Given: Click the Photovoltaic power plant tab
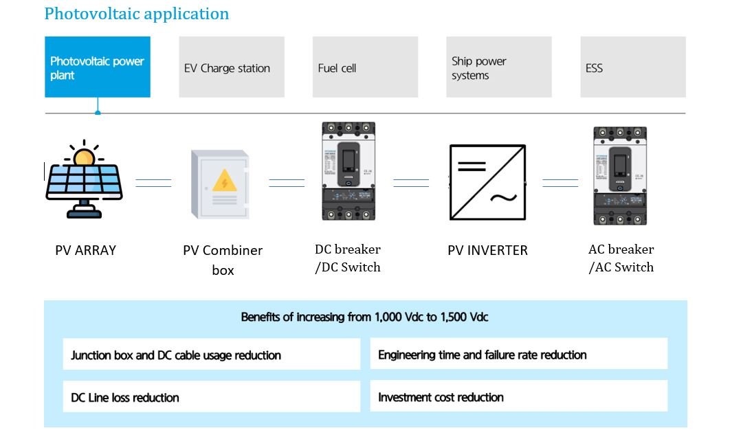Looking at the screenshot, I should coord(98,67).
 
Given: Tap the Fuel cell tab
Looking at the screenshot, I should coord(365,67).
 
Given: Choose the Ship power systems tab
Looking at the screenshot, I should coord(498,67).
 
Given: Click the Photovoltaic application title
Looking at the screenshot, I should coord(136,14).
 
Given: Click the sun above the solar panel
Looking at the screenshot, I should coord(84,157).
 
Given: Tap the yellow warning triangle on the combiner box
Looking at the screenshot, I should coord(224,181).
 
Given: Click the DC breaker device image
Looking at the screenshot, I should coord(349,171).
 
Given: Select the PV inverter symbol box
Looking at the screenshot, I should coord(487,182).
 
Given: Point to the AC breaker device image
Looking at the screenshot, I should coord(620,175).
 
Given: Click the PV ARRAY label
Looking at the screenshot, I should coord(85,250).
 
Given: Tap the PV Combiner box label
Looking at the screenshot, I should coord(223,260).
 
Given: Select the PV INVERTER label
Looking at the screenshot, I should coord(487,250).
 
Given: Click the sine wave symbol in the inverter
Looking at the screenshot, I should coord(503,198).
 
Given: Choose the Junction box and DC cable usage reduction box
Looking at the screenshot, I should coord(211,355).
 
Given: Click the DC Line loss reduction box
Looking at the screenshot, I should coord(211,397).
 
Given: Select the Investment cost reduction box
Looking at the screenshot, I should coord(518,397).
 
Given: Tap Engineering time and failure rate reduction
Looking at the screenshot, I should coord(518,355).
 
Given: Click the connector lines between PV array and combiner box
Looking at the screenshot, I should coord(153,183).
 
